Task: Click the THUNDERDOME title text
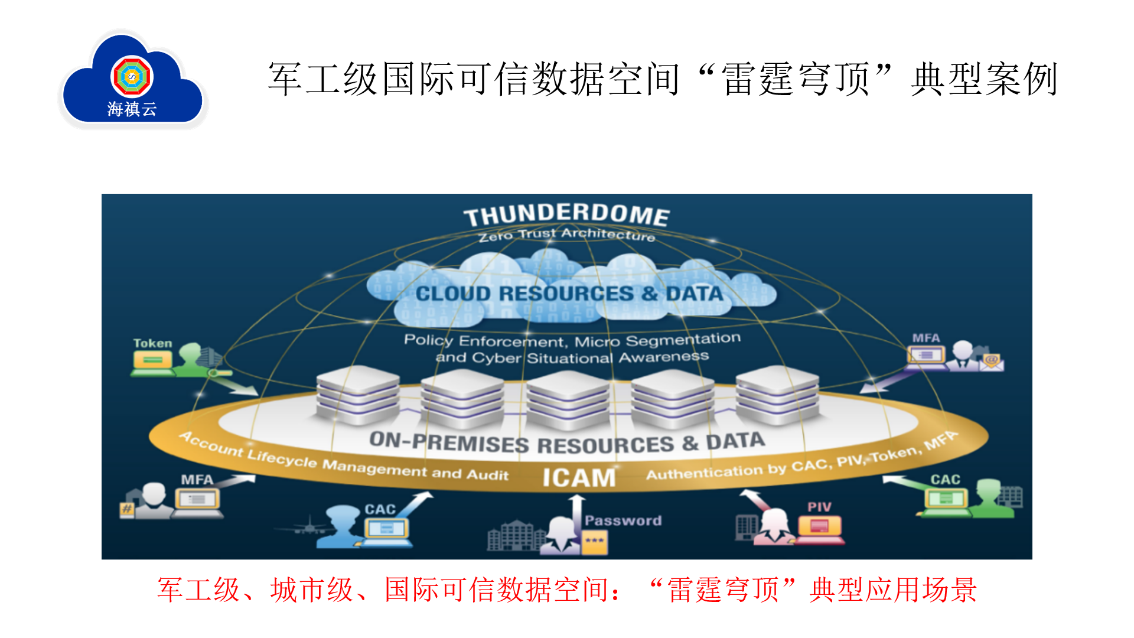pos(566,214)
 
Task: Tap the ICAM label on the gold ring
pos(579,477)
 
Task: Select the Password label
pos(623,520)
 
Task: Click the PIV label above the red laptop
pos(819,507)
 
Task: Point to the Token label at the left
pos(152,343)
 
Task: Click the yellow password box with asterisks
pos(595,542)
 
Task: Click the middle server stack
pos(568,398)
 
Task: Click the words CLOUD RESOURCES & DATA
pos(569,294)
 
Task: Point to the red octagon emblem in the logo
pos(132,76)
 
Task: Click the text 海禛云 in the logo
pos(132,109)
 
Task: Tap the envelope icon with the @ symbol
pos(992,362)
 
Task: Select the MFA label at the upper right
pos(926,338)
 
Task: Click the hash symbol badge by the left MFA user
pos(127,509)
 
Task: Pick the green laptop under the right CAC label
pos(946,501)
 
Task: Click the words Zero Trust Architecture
pos(566,235)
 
